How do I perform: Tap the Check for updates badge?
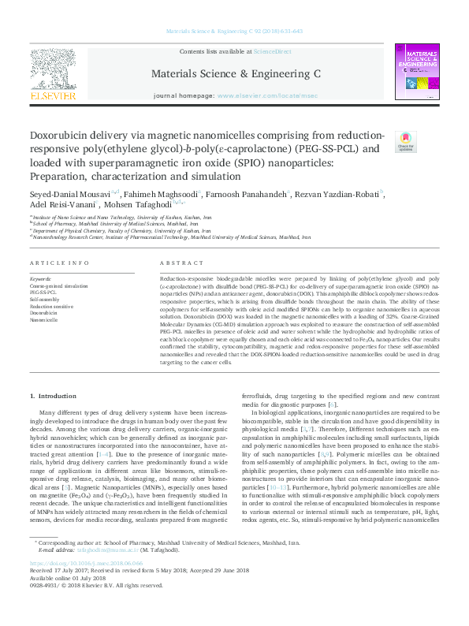point(405,141)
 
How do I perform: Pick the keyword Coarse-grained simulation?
point(60,286)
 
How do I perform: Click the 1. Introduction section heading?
point(53,394)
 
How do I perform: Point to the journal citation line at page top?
point(235,32)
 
